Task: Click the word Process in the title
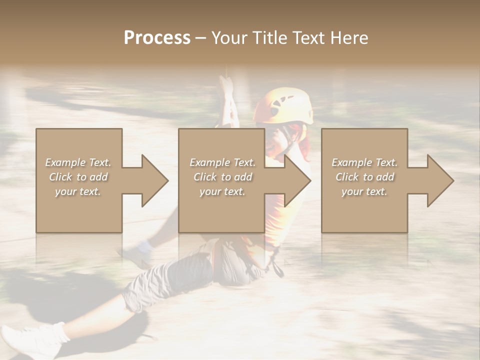[157, 38]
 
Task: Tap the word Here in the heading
[348, 38]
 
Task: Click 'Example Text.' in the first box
[78, 162]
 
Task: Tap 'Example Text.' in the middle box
[222, 162]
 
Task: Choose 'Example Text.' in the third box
[364, 162]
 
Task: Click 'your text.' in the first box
[78, 191]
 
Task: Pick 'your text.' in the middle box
[222, 191]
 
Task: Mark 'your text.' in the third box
[364, 191]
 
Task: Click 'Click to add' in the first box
[78, 177]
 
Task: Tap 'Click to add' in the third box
[364, 177]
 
